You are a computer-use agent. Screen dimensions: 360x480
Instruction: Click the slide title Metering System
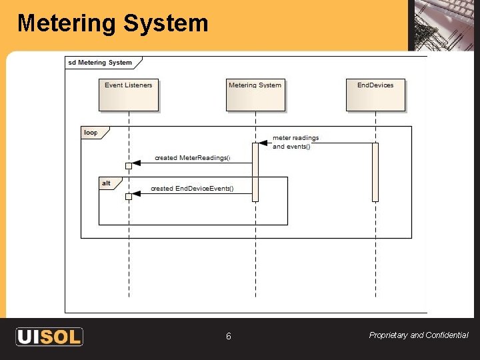click(113, 23)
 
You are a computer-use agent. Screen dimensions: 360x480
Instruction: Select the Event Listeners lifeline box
click(129, 95)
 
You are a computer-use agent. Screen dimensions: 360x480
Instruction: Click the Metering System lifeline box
click(255, 95)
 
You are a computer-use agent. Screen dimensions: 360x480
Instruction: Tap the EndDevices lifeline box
click(375, 95)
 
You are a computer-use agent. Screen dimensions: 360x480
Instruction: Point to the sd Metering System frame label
click(100, 63)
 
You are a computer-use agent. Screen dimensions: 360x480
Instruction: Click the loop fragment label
click(91, 133)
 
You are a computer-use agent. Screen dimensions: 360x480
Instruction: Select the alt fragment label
click(106, 183)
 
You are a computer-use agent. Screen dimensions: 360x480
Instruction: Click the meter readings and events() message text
click(296, 142)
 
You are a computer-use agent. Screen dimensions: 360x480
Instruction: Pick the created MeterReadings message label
click(192, 158)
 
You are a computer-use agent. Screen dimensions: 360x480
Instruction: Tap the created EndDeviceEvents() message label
click(192, 189)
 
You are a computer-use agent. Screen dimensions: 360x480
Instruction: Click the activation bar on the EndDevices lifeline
click(375, 172)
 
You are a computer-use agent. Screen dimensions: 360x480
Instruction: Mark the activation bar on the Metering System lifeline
click(255, 172)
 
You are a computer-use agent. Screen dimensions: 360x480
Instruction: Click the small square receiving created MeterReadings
click(129, 165)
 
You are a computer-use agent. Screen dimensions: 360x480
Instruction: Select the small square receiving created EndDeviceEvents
click(129, 196)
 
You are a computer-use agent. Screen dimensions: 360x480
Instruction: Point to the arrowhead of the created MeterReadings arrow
click(137, 163)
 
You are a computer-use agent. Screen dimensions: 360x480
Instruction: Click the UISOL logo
click(49, 337)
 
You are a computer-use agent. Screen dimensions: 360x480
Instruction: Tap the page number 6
click(228, 337)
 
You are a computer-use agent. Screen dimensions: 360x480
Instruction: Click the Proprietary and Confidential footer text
click(419, 335)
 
